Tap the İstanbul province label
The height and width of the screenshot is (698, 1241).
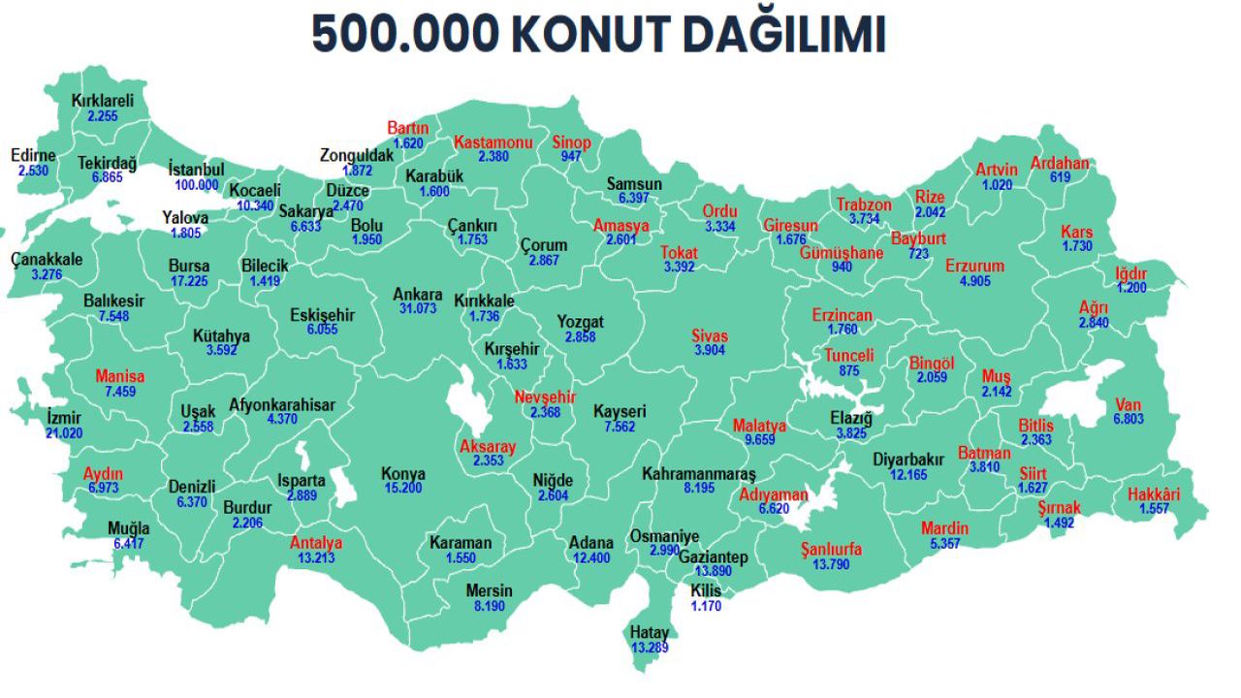click(x=196, y=169)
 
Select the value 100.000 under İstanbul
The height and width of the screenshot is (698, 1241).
click(x=197, y=184)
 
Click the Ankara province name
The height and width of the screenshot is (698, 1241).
click(x=418, y=295)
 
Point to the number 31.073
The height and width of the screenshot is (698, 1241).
click(x=418, y=309)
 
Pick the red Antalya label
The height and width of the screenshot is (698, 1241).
click(x=316, y=543)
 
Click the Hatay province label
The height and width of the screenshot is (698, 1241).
click(x=650, y=633)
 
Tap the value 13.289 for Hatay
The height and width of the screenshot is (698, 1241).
click(x=650, y=648)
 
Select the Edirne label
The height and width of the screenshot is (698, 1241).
click(x=33, y=155)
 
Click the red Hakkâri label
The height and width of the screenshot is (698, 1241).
click(x=1154, y=495)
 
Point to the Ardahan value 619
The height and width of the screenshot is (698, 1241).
click(x=1060, y=177)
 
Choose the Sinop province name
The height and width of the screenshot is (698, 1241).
click(x=571, y=143)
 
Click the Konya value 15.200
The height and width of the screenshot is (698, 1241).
click(x=403, y=489)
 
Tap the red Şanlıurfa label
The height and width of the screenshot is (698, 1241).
click(x=831, y=550)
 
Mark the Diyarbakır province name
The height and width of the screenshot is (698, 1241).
click(x=908, y=460)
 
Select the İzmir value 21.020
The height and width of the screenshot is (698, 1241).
click(x=64, y=433)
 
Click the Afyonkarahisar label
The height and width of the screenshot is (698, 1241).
click(x=282, y=405)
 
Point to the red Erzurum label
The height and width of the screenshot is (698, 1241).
click(x=975, y=267)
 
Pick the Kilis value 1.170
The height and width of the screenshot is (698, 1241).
click(x=706, y=606)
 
